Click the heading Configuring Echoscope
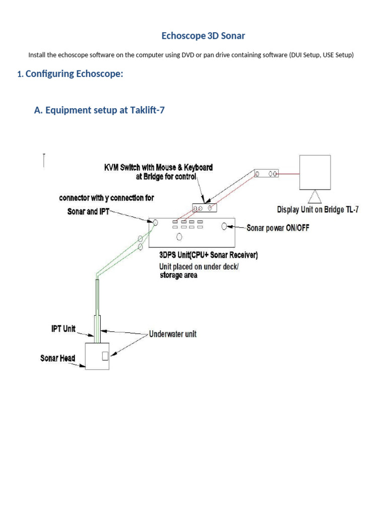coord(74,74)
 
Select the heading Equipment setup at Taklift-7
coord(99,110)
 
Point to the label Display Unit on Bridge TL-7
coord(318,209)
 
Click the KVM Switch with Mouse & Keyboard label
coord(158,167)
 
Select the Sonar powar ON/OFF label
coord(278,228)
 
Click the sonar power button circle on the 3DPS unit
coord(224,227)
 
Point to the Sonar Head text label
coord(57,359)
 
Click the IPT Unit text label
coord(63,329)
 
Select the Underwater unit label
coord(173,334)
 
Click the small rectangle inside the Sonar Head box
coord(105,356)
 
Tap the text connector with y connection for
coord(106,198)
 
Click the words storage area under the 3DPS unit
coord(178,276)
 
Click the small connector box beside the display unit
coord(266,174)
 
